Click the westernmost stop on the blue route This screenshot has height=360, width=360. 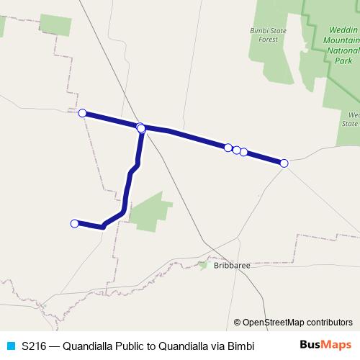[74, 224]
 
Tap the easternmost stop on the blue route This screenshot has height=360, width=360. [284, 163]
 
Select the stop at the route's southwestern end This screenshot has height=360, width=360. [74, 224]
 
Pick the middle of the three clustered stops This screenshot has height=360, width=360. [236, 150]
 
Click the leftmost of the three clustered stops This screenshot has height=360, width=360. [228, 148]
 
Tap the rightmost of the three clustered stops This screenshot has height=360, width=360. [244, 152]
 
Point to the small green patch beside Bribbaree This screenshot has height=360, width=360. [203, 264]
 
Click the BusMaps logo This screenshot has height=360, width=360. [326, 345]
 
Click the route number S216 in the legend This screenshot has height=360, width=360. [34, 346]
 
